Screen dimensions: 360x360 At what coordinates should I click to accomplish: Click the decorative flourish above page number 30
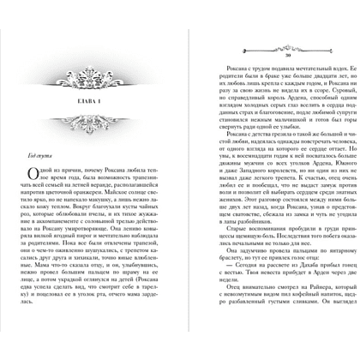click(x=265, y=39)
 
